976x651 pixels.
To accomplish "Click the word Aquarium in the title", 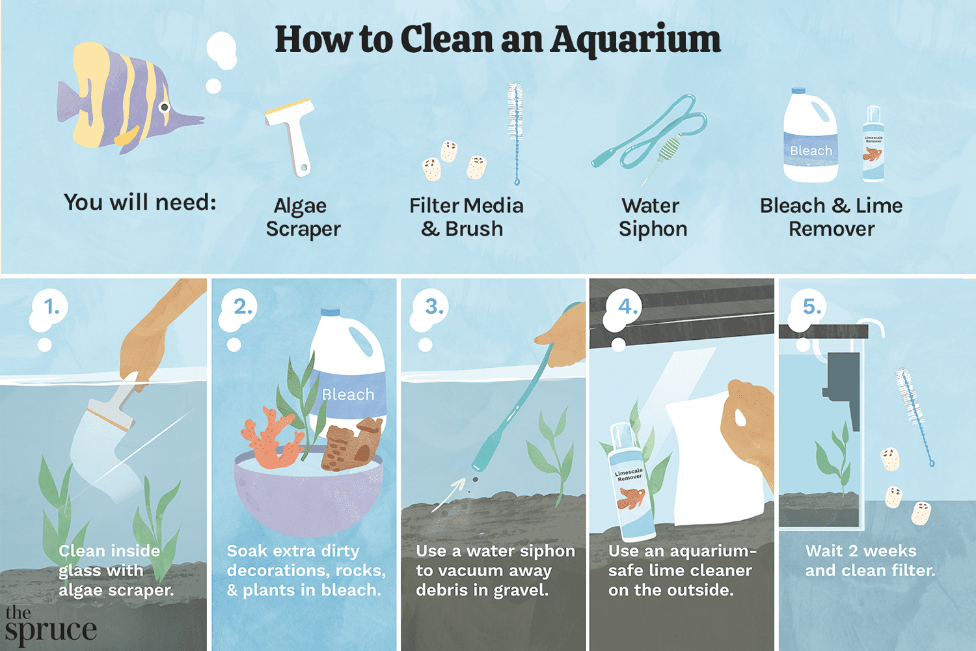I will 636,40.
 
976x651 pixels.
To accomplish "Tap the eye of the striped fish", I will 165,107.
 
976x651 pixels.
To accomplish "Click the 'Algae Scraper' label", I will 303,217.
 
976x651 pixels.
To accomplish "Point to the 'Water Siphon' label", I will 652,217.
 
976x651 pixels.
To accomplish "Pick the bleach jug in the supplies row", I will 810,137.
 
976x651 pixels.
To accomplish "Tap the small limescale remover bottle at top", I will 873,145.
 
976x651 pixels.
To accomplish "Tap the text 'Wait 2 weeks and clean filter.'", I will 869,561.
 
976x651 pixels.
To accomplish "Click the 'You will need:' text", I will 140,202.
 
